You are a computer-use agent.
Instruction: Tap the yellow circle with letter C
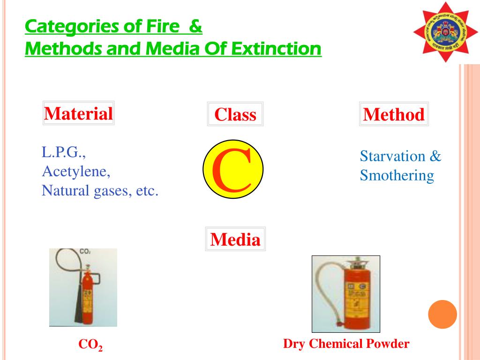tap(233, 169)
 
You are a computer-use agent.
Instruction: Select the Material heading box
tap(78, 113)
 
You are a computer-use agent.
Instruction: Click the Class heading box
tap(235, 114)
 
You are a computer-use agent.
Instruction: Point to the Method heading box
tap(394, 114)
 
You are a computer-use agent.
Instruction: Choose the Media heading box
tap(235, 240)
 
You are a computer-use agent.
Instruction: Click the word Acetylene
tap(76, 172)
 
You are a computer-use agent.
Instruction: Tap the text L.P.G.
tap(64, 152)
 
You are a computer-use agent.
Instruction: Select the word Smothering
tap(397, 176)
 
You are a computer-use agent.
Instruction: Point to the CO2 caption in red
tap(90, 345)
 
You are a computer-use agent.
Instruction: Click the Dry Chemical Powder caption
tap(346, 344)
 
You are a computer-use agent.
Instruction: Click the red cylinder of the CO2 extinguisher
tap(88, 295)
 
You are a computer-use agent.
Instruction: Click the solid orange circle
tap(442, 314)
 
